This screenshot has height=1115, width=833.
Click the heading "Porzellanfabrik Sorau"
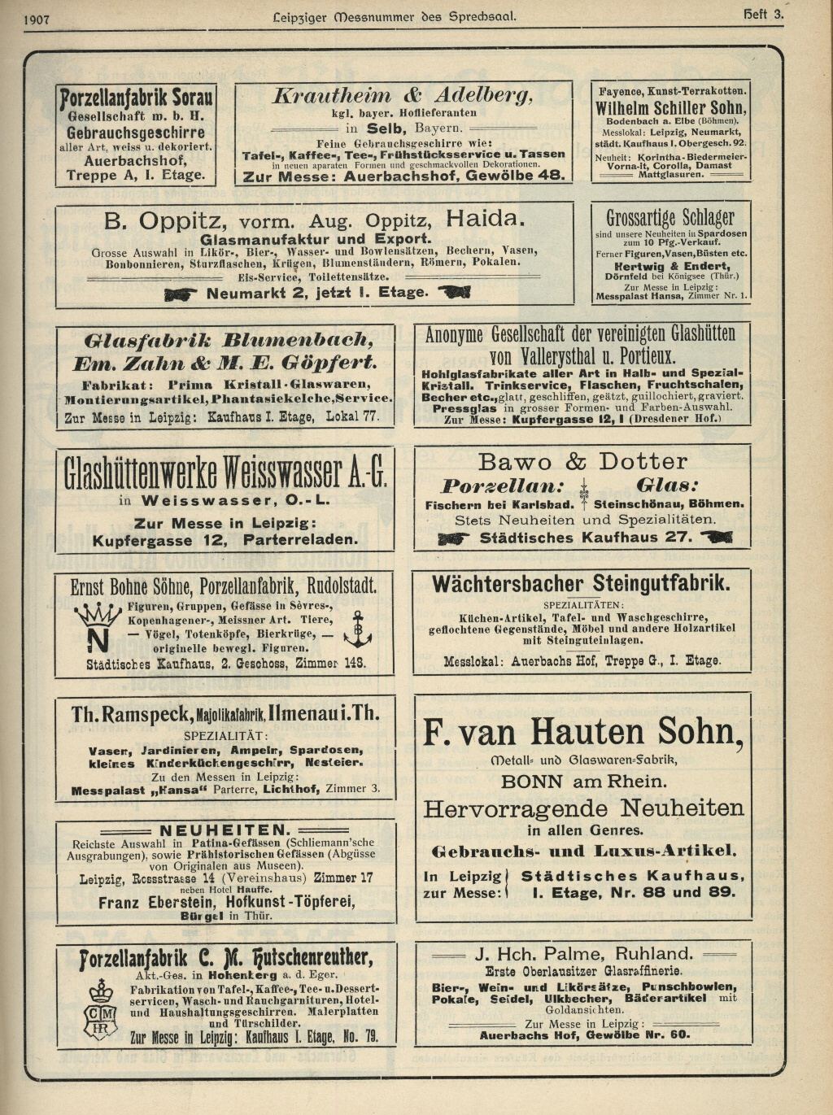(x=137, y=98)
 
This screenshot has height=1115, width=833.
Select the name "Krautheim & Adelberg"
(x=403, y=95)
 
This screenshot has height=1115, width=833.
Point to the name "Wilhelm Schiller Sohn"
(x=670, y=108)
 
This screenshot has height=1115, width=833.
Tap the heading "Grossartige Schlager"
(x=670, y=218)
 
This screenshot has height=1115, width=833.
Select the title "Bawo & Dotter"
(x=582, y=462)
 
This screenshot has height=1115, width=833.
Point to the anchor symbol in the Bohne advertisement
(x=357, y=628)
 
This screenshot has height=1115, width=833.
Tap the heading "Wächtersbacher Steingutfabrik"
(x=581, y=583)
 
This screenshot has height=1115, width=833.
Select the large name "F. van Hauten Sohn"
(x=582, y=732)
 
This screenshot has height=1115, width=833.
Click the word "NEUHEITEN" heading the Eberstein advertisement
(x=225, y=830)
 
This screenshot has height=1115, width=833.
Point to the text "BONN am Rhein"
(x=582, y=782)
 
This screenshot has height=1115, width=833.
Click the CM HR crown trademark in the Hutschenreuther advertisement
(x=102, y=1008)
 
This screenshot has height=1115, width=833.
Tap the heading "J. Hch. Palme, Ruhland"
(x=583, y=954)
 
